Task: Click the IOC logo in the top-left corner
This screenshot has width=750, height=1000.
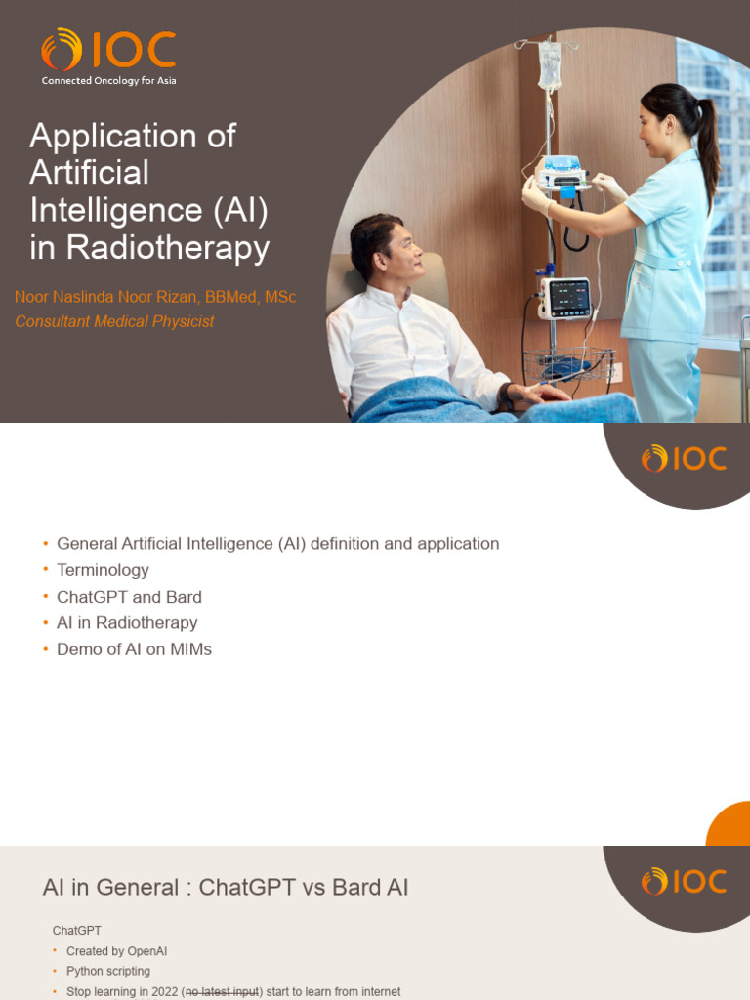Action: point(107,51)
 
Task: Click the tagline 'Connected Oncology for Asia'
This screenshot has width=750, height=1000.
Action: point(108,81)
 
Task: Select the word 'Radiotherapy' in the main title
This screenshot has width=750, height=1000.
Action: point(167,247)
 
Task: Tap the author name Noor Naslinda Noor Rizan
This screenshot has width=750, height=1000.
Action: point(155,297)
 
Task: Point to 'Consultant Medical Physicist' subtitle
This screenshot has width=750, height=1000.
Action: point(114,321)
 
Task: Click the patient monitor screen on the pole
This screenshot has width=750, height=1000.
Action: point(567,297)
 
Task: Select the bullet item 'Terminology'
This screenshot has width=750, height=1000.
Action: point(103,570)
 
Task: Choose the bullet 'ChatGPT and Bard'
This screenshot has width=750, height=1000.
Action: point(129,597)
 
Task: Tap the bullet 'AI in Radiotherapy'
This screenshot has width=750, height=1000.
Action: point(127,623)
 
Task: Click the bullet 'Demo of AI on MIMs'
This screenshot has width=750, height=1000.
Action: point(134,649)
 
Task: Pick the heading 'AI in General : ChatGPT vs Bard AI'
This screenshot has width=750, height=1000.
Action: point(226,887)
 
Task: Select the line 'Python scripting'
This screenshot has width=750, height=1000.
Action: point(107,972)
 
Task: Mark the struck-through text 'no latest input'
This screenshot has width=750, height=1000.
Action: point(222,992)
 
